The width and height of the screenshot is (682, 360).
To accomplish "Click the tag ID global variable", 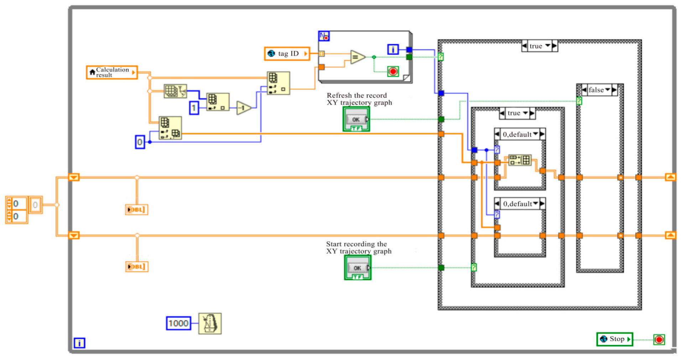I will click(287, 54).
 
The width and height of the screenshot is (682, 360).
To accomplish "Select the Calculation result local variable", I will click(112, 72).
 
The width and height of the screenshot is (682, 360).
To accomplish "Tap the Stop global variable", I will click(614, 339).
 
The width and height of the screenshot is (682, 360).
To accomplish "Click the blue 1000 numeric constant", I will click(178, 323).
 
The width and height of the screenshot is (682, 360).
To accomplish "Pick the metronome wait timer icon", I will click(210, 323).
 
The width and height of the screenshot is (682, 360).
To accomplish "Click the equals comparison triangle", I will click(357, 57).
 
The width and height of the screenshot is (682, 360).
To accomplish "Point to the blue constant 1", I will click(194, 108).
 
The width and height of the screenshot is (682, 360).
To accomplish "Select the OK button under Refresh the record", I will click(356, 120).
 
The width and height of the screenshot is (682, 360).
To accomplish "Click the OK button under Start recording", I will click(358, 268).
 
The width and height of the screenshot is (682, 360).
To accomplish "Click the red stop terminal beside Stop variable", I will click(659, 339).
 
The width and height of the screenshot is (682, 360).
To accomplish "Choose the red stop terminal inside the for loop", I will click(393, 72).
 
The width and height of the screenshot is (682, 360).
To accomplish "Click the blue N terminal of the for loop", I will click(324, 36).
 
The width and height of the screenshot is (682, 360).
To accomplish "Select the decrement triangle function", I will click(244, 108).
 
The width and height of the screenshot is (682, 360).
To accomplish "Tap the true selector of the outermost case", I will click(539, 46).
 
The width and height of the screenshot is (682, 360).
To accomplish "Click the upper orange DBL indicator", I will click(136, 209).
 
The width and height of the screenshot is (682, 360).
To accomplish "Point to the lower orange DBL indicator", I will click(136, 266).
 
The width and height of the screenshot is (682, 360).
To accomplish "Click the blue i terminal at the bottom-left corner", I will click(79, 343).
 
